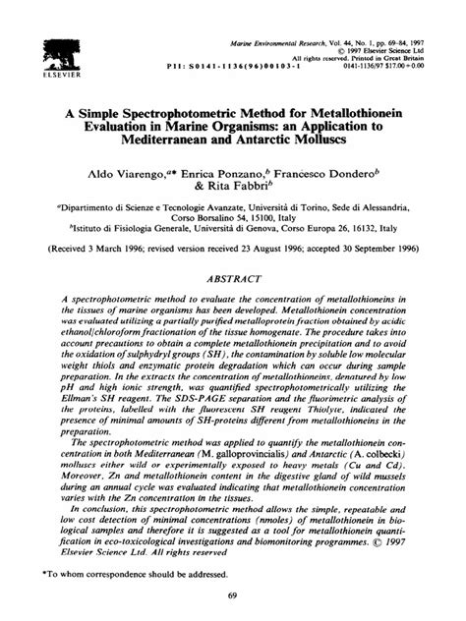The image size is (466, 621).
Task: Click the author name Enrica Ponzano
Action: (x=227, y=171)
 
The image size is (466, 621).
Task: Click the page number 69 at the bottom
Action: (x=232, y=596)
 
